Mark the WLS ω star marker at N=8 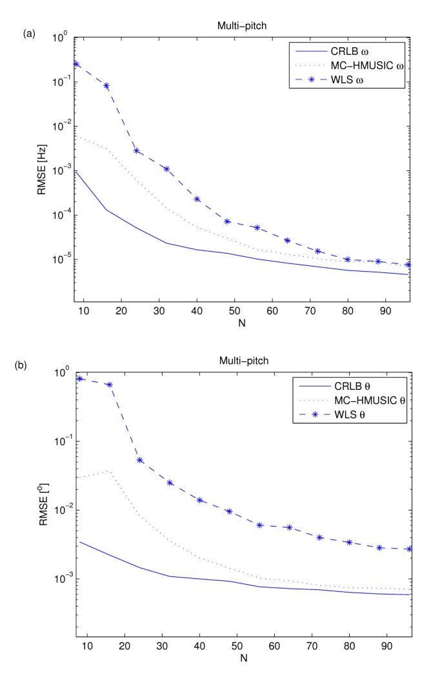76,64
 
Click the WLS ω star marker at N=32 166,169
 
